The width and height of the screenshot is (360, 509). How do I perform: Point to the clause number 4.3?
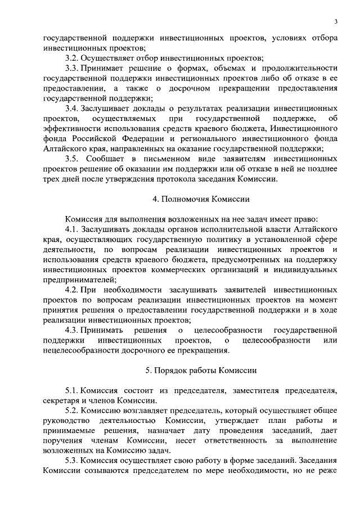(73, 329)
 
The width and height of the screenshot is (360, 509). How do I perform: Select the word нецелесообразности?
(83, 350)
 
